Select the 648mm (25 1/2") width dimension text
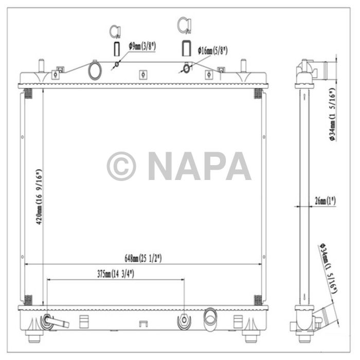tap(143, 257)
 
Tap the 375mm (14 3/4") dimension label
tap(114, 274)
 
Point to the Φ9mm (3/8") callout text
tap(142, 47)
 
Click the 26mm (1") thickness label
tap(324, 201)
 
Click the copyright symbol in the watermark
tap(121, 166)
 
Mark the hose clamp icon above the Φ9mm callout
tap(115, 31)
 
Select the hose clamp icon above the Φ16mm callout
tap(183, 25)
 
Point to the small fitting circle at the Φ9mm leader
tap(118, 64)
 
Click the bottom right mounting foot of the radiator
tap(251, 337)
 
